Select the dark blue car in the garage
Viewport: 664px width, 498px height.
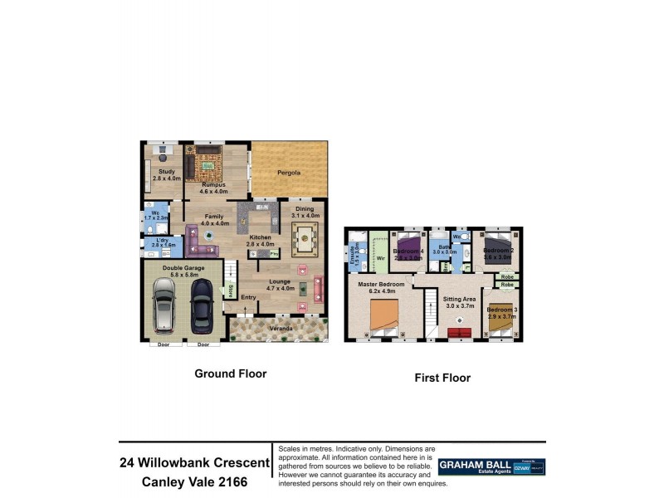(202, 304)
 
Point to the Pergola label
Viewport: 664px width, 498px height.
(288, 173)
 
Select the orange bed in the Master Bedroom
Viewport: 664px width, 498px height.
(383, 316)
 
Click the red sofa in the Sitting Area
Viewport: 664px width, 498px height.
(457, 333)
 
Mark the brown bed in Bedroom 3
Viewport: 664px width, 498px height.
(500, 322)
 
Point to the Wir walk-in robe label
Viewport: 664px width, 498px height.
(380, 258)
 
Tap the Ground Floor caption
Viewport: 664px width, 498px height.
(231, 373)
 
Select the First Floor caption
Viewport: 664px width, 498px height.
(442, 378)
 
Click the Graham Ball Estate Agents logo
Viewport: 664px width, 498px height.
(491, 466)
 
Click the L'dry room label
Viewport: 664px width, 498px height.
(162, 242)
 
